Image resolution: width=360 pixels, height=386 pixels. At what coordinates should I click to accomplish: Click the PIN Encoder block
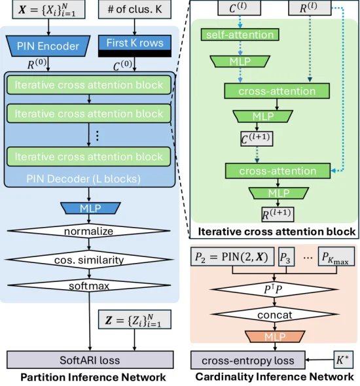(48, 46)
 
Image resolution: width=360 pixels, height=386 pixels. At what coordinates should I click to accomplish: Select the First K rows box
(135, 46)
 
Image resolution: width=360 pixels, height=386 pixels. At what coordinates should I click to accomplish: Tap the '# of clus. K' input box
(135, 9)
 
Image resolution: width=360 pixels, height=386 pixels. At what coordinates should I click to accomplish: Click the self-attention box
(240, 35)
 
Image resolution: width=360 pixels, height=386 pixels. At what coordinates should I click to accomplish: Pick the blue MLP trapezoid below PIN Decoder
(90, 208)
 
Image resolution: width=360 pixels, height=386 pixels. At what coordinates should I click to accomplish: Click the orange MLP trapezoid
(275, 336)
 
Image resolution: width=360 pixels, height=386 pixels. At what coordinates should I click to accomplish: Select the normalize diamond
(88, 231)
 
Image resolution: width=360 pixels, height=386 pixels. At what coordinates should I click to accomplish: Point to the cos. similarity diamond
(89, 260)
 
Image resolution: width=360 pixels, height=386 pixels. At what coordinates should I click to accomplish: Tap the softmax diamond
(89, 285)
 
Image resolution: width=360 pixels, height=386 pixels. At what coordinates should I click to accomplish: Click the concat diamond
(275, 315)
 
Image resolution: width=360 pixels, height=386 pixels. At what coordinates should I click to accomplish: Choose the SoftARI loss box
(90, 360)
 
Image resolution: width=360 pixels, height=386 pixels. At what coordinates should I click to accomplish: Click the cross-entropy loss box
(248, 360)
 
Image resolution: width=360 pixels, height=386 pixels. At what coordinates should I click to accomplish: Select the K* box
(343, 360)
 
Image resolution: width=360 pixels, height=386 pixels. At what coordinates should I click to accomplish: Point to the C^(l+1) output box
(257, 139)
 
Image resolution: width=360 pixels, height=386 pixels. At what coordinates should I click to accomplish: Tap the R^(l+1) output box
(278, 214)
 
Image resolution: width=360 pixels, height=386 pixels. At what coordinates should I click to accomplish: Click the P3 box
(287, 256)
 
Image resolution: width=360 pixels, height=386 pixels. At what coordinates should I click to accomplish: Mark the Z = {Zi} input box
(135, 319)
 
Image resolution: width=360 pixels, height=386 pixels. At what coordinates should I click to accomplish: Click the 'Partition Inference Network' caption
(93, 377)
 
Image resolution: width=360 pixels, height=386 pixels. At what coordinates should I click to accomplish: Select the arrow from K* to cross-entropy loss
(319, 360)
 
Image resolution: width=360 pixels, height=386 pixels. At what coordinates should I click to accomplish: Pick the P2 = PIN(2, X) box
(232, 256)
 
